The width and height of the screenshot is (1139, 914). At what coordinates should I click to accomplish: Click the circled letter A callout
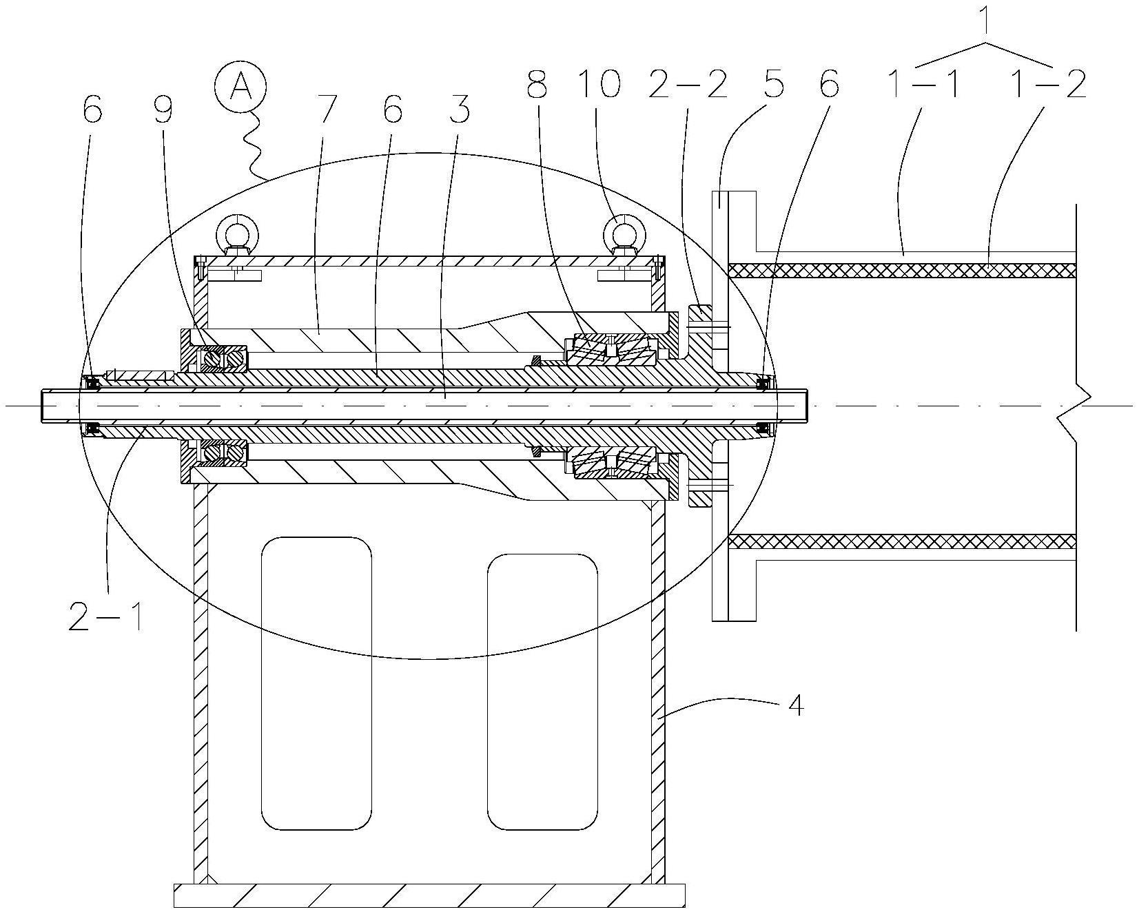pyautogui.click(x=240, y=89)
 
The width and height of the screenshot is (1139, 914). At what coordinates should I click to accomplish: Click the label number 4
pyautogui.click(x=795, y=706)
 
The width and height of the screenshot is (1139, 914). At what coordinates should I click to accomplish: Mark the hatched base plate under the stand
pyautogui.click(x=429, y=896)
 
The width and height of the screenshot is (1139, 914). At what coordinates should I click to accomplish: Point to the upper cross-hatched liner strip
pyautogui.click(x=901, y=270)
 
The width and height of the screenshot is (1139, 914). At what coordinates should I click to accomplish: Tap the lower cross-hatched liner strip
pyautogui.click(x=901, y=541)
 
